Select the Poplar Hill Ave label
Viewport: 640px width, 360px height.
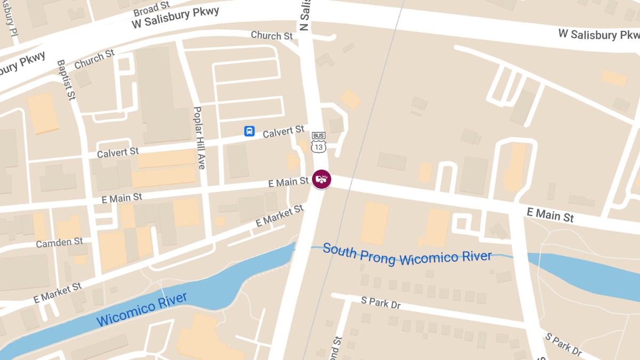pos(199,138)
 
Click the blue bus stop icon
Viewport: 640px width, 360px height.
pos(249,131)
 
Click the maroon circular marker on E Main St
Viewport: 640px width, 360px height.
pos(321,179)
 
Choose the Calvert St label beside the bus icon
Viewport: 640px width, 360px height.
pos(283,131)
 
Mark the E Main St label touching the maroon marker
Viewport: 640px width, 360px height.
pos(289,182)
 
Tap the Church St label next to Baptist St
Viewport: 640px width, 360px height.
pos(95,59)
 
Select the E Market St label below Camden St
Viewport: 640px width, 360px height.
pos(58,293)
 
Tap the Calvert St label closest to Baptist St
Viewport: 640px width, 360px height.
pos(118,153)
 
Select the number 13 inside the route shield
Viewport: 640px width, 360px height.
pos(318,146)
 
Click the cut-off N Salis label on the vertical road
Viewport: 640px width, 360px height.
pos(305,15)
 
